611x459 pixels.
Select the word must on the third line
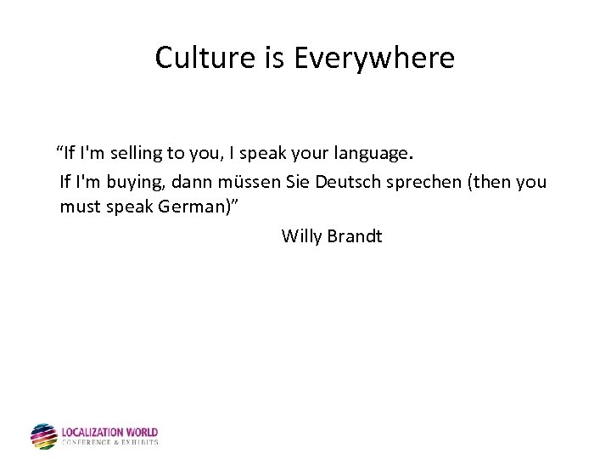click(x=79, y=207)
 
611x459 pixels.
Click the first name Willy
click(x=301, y=235)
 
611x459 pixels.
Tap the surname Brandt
click(x=355, y=235)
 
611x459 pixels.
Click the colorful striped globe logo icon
click(x=43, y=436)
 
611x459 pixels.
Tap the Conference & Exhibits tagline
click(x=109, y=443)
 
